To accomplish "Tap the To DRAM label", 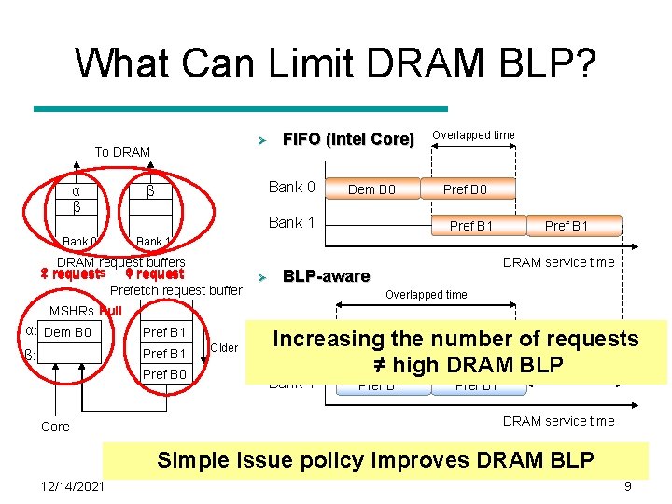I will (122, 152).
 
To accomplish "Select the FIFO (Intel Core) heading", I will (348, 139).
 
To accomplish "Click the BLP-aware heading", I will (326, 276).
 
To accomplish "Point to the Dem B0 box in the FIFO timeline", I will (371, 190).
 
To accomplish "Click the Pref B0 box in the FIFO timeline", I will (465, 190).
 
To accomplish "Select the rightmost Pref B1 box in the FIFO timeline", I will (567, 225).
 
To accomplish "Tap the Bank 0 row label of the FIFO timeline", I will (291, 188).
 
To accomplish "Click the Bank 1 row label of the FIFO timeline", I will (291, 222).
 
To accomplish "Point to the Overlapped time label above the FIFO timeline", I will (473, 135).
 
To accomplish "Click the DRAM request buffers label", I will (121, 262).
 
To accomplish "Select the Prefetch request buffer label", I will (176, 290).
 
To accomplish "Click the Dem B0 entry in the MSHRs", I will (68, 331).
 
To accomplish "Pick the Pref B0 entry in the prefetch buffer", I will (164, 374).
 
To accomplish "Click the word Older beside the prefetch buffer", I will (224, 348).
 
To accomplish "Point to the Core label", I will (55, 427).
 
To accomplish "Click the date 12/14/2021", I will (73, 486).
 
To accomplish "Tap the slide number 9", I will (628, 486).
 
